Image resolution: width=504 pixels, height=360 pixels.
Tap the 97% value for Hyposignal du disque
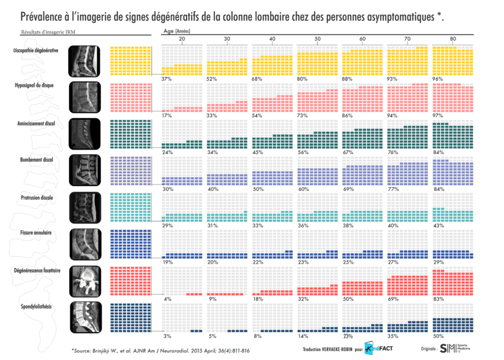point(438,115)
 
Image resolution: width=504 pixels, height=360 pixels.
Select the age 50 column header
point(317,39)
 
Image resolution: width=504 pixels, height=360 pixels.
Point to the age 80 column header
point(452,39)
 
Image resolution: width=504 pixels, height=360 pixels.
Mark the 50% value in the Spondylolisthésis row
point(438,336)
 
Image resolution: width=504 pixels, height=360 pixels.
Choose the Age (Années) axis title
point(176,31)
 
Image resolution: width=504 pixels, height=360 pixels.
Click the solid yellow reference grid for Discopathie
point(130,60)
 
